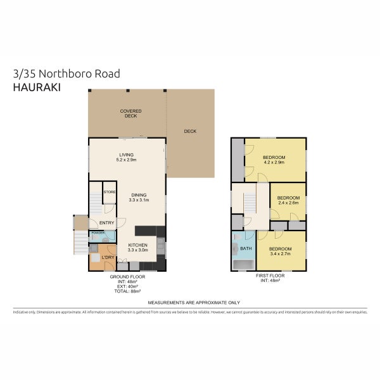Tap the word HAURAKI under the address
click(37, 87)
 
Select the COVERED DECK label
click(130, 114)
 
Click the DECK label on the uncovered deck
click(190, 132)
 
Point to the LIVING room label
click(127, 155)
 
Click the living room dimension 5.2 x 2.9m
click(127, 160)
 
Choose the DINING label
click(139, 194)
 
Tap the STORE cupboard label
click(109, 191)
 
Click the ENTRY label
click(106, 222)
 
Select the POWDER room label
click(98, 233)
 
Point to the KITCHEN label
click(138, 245)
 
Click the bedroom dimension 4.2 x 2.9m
click(274, 163)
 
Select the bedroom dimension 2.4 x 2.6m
click(288, 203)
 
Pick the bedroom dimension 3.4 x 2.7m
click(279, 254)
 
